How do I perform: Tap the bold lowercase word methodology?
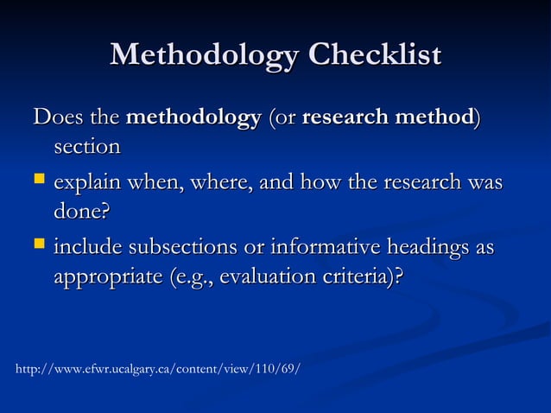click(x=193, y=116)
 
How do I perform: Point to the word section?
click(x=86, y=147)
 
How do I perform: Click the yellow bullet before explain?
click(x=39, y=182)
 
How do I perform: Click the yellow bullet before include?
click(x=39, y=248)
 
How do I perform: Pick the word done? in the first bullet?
click(x=83, y=212)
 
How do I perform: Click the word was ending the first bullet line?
click(x=484, y=183)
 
